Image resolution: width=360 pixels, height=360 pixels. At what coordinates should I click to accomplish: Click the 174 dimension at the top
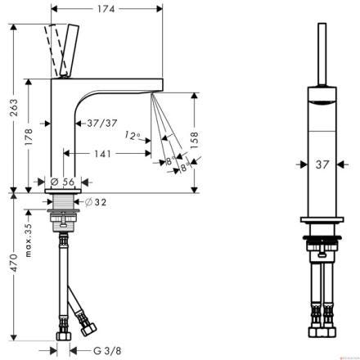point(106,9)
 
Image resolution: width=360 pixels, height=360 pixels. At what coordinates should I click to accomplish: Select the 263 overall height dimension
point(13,107)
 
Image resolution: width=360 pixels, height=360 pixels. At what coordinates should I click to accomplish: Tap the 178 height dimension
point(29,137)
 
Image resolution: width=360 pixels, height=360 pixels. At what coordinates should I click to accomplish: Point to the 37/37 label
point(102,124)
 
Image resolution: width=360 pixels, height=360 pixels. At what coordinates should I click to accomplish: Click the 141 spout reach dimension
point(103,154)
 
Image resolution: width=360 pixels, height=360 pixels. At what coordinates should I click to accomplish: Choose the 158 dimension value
point(194,140)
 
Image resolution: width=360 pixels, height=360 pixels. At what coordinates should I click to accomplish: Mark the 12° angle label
point(133,135)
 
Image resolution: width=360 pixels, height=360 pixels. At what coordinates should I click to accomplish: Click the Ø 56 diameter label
point(63,182)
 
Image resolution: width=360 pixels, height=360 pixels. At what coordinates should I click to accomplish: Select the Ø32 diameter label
point(96,202)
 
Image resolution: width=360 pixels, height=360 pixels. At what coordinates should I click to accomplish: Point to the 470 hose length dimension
point(13,263)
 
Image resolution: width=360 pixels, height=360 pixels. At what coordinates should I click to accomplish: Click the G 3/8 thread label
point(107,351)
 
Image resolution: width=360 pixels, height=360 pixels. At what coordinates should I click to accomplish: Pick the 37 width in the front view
point(322,164)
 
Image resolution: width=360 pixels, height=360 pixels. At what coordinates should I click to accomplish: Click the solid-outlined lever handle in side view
point(70,50)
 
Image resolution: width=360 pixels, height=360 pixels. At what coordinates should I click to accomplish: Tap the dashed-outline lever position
point(54,50)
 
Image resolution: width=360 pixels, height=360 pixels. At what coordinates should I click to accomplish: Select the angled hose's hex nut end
point(88,329)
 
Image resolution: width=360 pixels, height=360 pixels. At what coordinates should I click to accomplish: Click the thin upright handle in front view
point(322,55)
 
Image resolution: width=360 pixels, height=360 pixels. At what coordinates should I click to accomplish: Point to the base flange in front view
point(322,219)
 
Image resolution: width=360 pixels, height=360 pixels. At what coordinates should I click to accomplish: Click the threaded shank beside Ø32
point(63,202)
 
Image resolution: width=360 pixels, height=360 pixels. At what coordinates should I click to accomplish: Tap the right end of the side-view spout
point(163,84)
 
